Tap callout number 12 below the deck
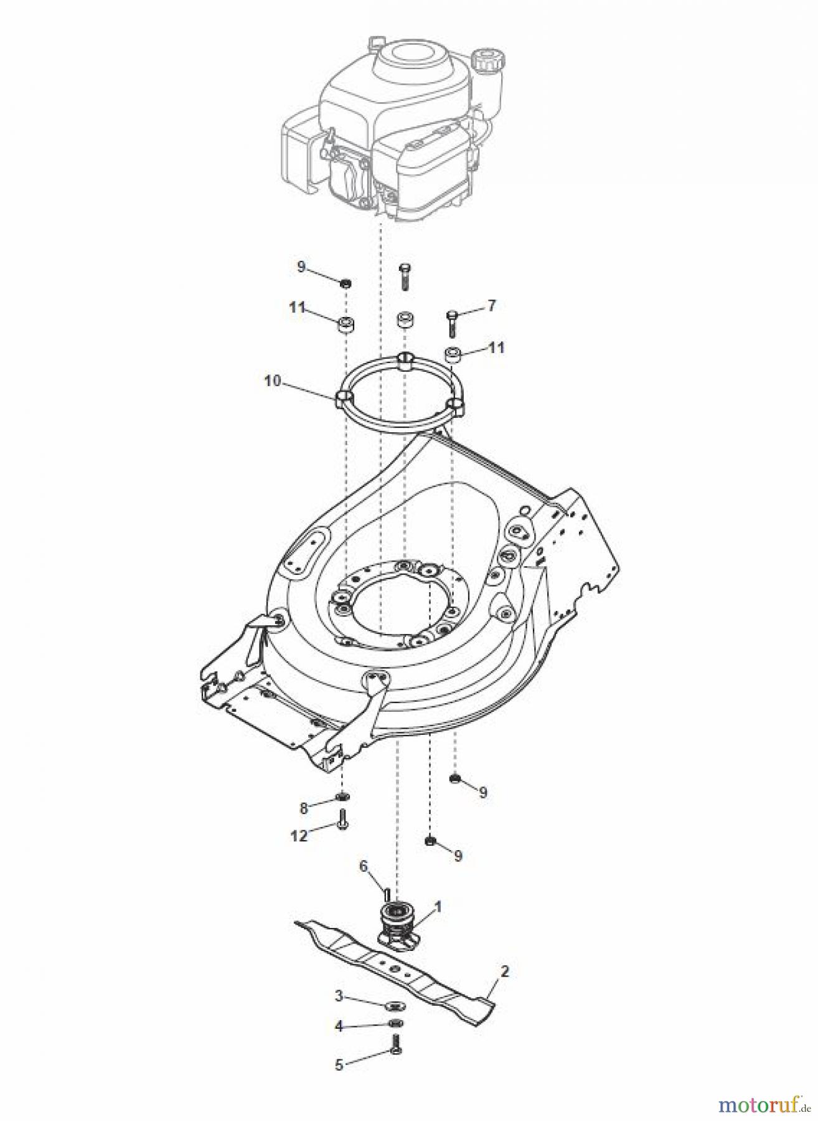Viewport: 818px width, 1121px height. pos(299,836)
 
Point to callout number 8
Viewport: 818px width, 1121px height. pos(304,808)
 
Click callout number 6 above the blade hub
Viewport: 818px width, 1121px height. pos(364,866)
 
